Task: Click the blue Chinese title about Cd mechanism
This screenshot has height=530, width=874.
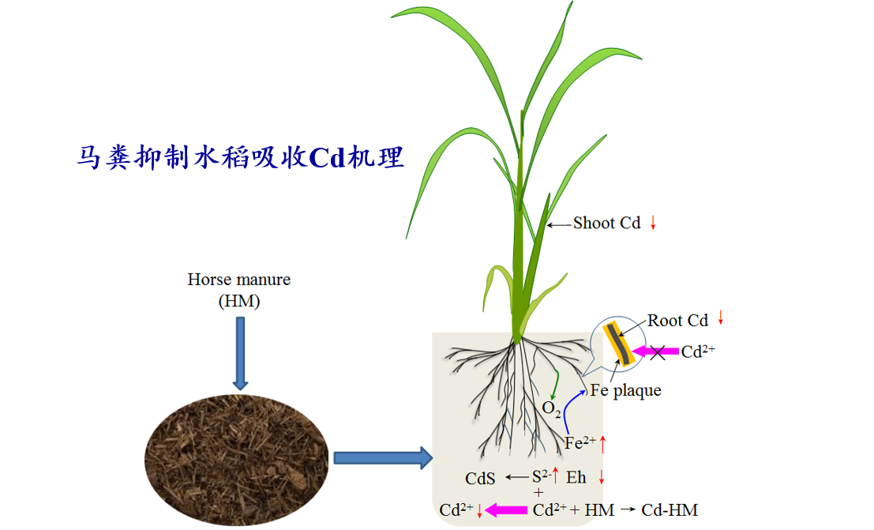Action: (240, 156)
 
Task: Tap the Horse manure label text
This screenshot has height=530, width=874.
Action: (239, 279)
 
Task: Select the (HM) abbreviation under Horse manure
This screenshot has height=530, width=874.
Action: (239, 301)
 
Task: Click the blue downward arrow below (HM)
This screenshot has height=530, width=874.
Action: (240, 353)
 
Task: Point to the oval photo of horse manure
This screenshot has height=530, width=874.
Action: (236, 460)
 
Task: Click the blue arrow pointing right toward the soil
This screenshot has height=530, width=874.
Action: (383, 458)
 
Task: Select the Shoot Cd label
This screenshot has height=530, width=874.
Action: (607, 224)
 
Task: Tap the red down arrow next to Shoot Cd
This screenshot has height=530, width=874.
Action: (653, 224)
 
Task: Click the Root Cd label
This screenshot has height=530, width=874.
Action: (677, 321)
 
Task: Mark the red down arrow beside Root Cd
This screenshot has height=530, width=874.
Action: (721, 318)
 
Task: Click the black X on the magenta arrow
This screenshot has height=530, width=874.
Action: (657, 352)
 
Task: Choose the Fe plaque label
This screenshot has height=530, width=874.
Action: (625, 390)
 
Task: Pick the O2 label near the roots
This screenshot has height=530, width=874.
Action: (551, 409)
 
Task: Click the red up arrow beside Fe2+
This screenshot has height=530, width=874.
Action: (602, 444)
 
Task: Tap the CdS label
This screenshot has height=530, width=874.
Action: (480, 479)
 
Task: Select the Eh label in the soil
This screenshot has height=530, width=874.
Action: (576, 478)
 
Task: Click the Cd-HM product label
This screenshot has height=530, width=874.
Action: (670, 510)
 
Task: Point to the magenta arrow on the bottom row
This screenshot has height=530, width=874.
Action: (506, 510)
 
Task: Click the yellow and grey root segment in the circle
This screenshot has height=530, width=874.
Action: (619, 344)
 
